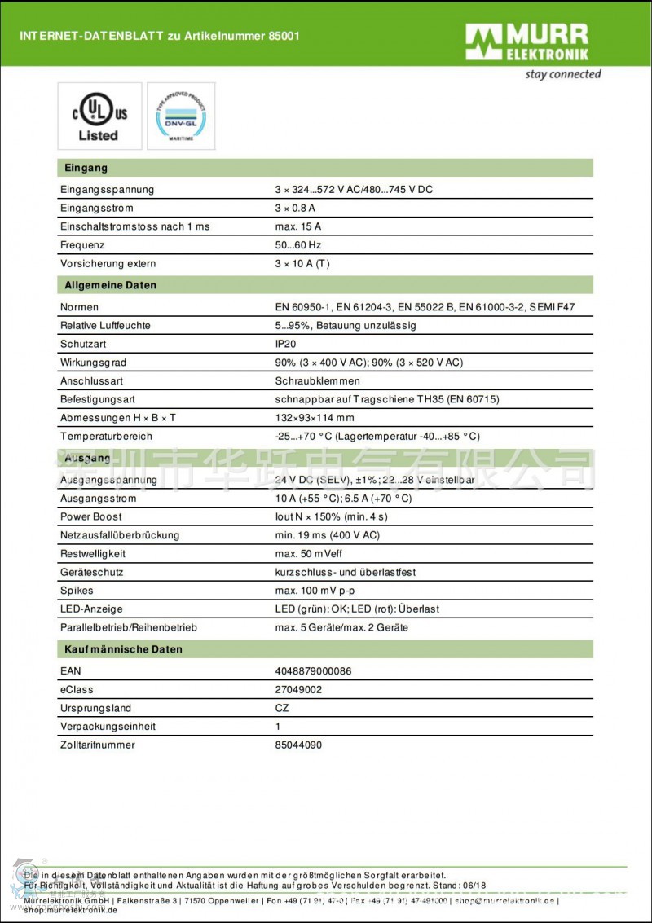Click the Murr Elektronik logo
(x=526, y=42)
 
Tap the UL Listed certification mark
(x=99, y=116)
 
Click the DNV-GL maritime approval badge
(x=181, y=116)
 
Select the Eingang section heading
(x=86, y=168)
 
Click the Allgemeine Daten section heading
(x=110, y=285)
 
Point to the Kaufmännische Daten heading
(x=123, y=649)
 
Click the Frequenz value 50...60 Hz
(x=298, y=244)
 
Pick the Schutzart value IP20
(x=286, y=344)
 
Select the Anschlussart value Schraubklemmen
(x=317, y=380)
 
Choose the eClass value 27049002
(x=298, y=689)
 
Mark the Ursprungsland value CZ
(x=282, y=708)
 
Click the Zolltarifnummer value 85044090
(x=298, y=745)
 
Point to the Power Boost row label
(x=91, y=516)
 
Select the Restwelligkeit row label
(x=94, y=553)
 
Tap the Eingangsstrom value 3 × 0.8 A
(x=295, y=208)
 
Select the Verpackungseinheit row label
(x=108, y=726)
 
